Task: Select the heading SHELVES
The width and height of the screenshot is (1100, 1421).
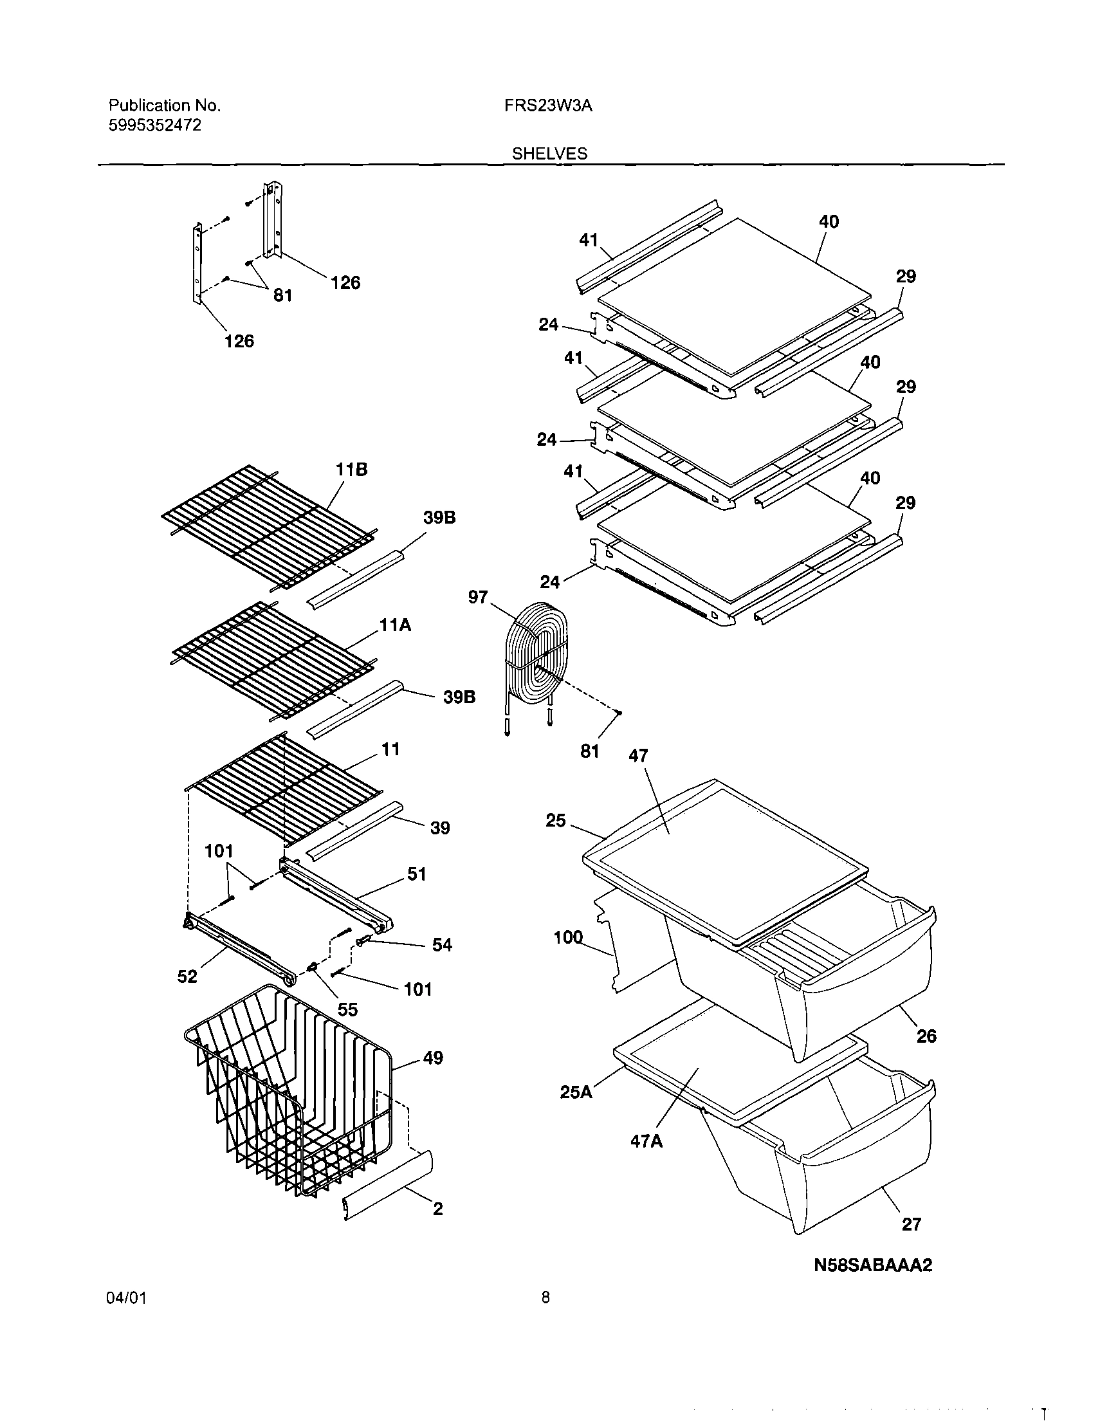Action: pos(549,154)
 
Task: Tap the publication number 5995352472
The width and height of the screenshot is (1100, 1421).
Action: pos(154,125)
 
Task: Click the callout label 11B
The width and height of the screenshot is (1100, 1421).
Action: pos(351,470)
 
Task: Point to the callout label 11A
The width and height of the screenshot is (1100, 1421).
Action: pos(396,626)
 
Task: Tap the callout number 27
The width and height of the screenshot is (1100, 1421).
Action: pos(912,1225)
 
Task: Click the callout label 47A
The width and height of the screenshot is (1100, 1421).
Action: pos(646,1141)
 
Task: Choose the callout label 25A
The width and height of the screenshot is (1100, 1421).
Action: pos(576,1092)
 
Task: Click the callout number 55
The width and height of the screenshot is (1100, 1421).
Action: pos(347,1009)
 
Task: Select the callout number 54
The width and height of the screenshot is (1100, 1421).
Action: pos(442,945)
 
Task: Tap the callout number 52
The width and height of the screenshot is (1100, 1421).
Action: pos(187,976)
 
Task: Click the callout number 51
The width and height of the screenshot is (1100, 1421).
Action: pos(416,874)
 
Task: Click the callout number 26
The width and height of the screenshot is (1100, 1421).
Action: pos(926,1036)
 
